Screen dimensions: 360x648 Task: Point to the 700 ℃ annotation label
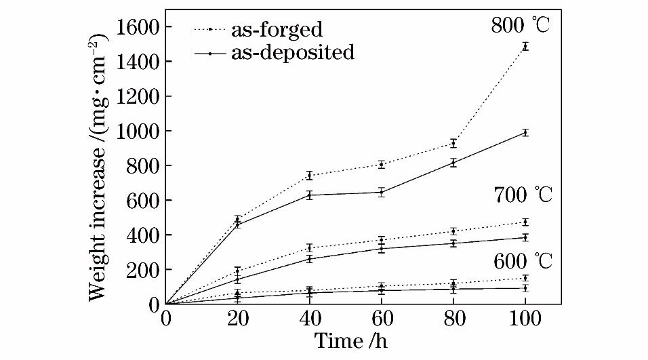(521, 196)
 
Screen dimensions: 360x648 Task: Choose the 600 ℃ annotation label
(521, 261)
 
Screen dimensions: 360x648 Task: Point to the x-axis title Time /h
(352, 341)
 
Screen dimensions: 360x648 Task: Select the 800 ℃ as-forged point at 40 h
(310, 176)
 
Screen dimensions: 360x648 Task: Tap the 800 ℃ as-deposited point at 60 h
(382, 192)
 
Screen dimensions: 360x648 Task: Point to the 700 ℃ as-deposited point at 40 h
(310, 259)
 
